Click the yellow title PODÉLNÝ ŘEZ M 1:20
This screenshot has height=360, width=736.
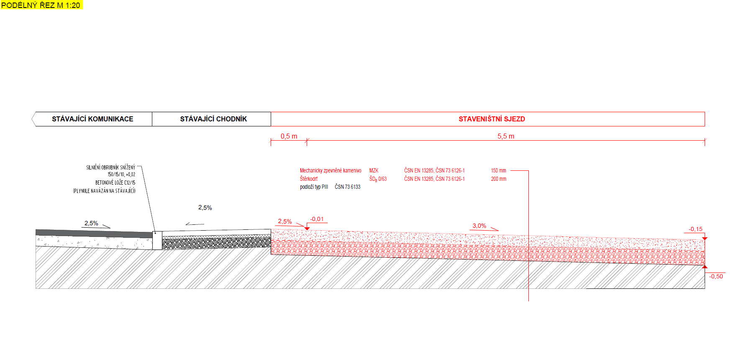(x=41, y=5)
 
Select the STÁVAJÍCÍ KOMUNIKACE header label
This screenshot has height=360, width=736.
(x=92, y=119)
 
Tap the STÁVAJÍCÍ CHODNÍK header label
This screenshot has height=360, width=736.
(x=213, y=119)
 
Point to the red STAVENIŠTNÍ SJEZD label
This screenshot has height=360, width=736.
(x=492, y=119)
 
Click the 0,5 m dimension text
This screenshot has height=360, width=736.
(x=289, y=136)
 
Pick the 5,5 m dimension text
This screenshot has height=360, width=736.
(x=506, y=136)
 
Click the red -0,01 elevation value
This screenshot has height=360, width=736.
(x=317, y=219)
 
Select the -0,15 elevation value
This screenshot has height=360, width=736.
(x=696, y=229)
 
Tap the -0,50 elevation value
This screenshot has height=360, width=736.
(x=716, y=276)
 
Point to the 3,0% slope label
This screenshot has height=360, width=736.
(x=480, y=226)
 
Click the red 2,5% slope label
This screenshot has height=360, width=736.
(x=285, y=221)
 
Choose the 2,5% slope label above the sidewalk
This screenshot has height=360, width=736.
(x=205, y=208)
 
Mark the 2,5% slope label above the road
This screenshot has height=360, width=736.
(x=91, y=223)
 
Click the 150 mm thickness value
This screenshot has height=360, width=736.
(x=499, y=170)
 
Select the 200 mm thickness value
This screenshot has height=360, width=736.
(x=499, y=179)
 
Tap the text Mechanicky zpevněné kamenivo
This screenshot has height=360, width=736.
(x=331, y=170)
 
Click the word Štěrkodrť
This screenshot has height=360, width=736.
(x=309, y=179)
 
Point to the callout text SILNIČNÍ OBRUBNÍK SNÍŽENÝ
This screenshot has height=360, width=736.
(x=111, y=167)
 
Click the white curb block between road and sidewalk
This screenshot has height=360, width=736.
(x=157, y=240)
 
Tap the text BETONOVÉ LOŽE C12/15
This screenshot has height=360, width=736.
(x=115, y=183)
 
